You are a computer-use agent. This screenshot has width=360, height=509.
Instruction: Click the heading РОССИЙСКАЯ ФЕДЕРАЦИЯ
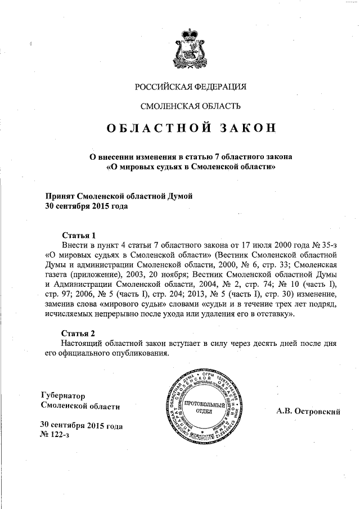pos(191,87)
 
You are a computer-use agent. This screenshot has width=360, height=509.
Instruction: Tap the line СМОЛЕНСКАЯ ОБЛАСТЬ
pos(191,106)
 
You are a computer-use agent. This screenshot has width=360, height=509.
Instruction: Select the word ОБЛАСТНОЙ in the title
pos(155,128)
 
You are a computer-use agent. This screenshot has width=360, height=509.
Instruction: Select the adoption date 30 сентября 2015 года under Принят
pos(86,206)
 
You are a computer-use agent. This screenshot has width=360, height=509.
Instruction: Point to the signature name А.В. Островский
pos(309,412)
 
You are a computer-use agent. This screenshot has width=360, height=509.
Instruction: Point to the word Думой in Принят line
pos(178,196)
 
